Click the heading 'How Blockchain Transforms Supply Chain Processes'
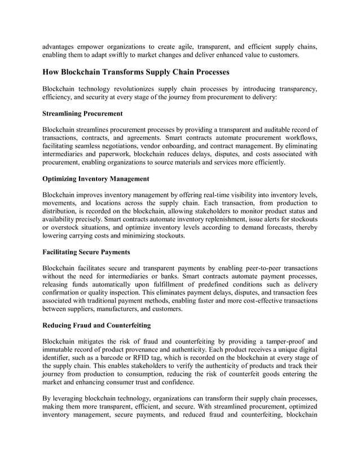(x=136, y=72)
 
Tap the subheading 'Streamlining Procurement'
(x=82, y=113)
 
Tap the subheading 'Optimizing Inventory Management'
(x=96, y=179)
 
